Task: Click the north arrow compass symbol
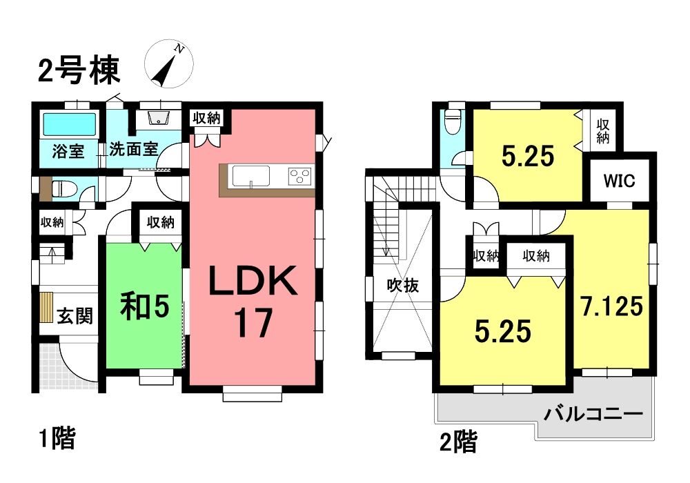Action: click(x=169, y=64)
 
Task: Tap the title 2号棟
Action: click(x=79, y=70)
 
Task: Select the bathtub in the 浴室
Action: click(x=68, y=124)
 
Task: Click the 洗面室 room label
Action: click(x=133, y=149)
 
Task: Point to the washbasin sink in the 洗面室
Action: click(x=158, y=117)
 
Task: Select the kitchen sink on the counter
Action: click(x=251, y=177)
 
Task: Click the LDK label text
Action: click(x=253, y=282)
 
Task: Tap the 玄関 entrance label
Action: click(x=75, y=316)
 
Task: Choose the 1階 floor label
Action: click(x=58, y=438)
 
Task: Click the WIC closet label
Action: click(x=619, y=180)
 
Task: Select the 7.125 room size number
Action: click(x=611, y=306)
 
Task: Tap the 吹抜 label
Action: click(x=403, y=286)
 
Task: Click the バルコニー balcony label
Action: click(x=593, y=413)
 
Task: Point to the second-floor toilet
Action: click(x=452, y=121)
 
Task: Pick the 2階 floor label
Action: click(x=458, y=442)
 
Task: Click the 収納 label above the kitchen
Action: click(x=206, y=117)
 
